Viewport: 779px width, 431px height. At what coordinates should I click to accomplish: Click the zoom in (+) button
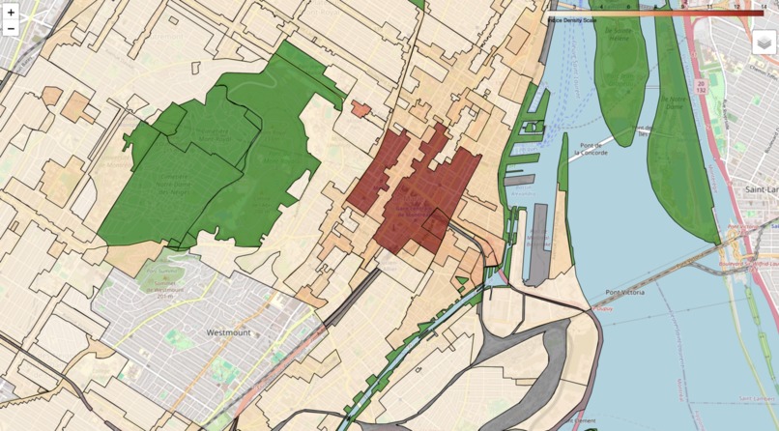click(11, 12)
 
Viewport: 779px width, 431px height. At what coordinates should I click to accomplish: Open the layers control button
click(765, 42)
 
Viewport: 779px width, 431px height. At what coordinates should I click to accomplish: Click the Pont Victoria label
click(627, 293)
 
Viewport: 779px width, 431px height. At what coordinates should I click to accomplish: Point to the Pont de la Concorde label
click(590, 148)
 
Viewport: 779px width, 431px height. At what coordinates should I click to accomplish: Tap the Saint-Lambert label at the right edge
click(762, 190)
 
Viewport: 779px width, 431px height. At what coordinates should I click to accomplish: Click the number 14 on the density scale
click(764, 6)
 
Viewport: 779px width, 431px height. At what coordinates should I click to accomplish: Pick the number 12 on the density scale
click(736, 6)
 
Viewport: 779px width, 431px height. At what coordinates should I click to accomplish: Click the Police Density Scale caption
click(572, 18)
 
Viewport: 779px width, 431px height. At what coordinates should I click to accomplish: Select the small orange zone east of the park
click(361, 109)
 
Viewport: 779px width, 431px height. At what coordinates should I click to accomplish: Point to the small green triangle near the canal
click(461, 281)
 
